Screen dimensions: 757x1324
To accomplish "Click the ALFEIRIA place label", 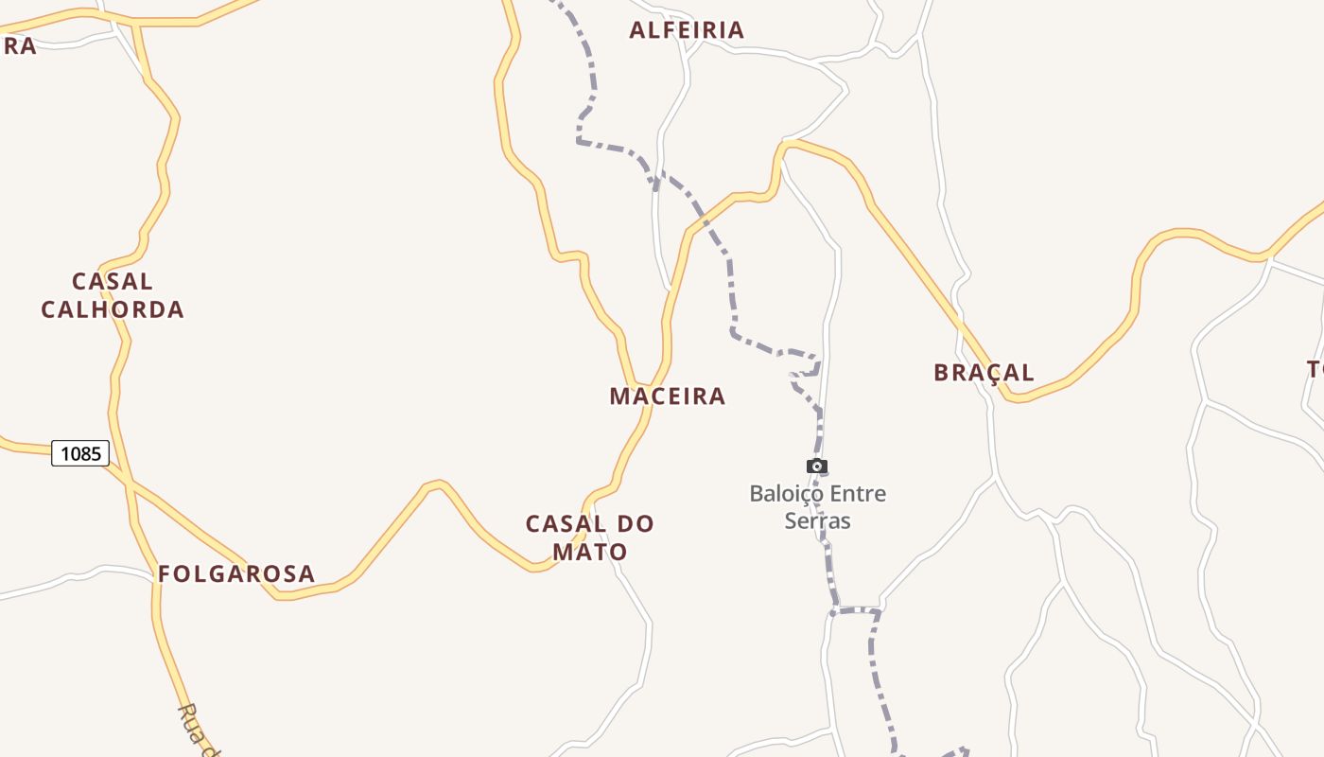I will (x=687, y=30).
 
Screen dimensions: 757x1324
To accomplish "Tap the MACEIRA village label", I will (x=667, y=396).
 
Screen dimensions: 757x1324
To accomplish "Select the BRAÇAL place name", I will (x=984, y=373).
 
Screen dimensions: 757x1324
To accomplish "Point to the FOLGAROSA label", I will (x=235, y=574).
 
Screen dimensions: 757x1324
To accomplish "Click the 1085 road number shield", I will (x=80, y=454).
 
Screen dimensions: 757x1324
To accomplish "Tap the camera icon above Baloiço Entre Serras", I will (x=817, y=466).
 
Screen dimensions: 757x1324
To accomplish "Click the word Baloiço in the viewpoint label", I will (x=783, y=494).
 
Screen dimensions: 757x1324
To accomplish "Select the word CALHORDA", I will (x=113, y=309).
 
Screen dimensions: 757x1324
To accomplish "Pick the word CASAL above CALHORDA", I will (x=113, y=282).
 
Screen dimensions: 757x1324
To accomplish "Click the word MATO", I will (x=590, y=552).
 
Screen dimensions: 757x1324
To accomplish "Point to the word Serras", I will (x=818, y=521).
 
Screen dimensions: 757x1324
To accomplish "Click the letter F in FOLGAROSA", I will (x=164, y=574).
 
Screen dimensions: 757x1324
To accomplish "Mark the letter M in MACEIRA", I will (x=619, y=396).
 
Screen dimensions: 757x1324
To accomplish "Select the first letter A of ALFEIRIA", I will (x=637, y=30).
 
